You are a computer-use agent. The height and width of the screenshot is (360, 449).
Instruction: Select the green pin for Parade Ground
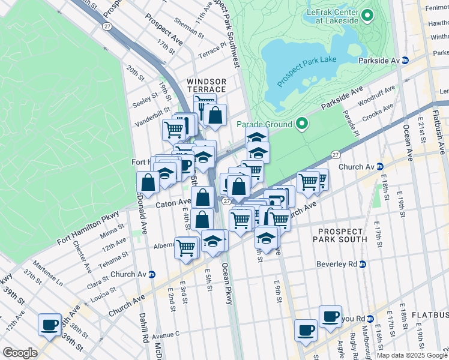tap(301, 124)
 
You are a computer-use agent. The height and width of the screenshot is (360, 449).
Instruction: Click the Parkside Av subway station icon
tap(405, 61)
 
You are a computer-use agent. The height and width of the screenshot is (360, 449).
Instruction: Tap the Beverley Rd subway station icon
tap(362, 264)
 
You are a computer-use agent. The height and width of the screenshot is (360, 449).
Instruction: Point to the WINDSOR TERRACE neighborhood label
tap(206, 85)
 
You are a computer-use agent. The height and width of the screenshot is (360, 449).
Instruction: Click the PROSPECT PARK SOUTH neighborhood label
tap(341, 235)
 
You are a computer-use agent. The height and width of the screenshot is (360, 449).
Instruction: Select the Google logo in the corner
tap(20, 353)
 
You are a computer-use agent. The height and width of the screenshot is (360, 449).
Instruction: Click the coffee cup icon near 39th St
tap(49, 325)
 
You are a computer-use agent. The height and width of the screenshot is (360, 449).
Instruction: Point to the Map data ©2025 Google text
tap(411, 355)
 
